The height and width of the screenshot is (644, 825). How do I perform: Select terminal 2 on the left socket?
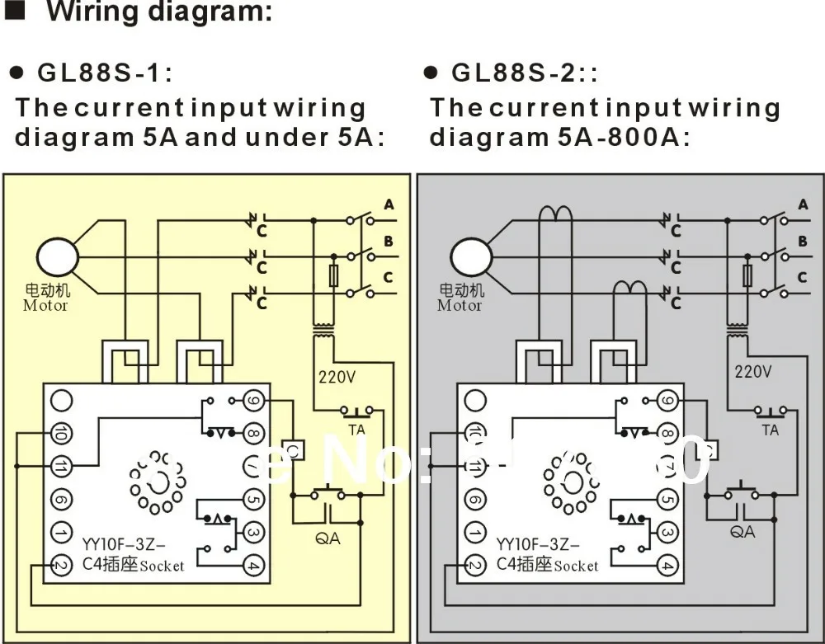pos(59,565)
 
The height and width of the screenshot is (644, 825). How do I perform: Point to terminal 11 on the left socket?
pos(59,465)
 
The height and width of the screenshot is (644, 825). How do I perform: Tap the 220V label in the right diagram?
pos(753,372)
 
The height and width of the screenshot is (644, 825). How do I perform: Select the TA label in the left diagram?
pos(357,429)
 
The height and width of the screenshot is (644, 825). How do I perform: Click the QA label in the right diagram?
pos(742,532)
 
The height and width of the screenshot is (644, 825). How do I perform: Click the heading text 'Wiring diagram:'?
pos(158,13)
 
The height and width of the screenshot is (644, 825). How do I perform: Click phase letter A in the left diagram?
pos(389,204)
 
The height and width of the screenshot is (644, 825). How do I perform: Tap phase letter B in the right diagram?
pos(802,242)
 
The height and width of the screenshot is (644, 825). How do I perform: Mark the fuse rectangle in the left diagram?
pos(334,276)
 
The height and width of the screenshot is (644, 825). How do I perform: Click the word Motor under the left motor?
pos(45,305)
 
